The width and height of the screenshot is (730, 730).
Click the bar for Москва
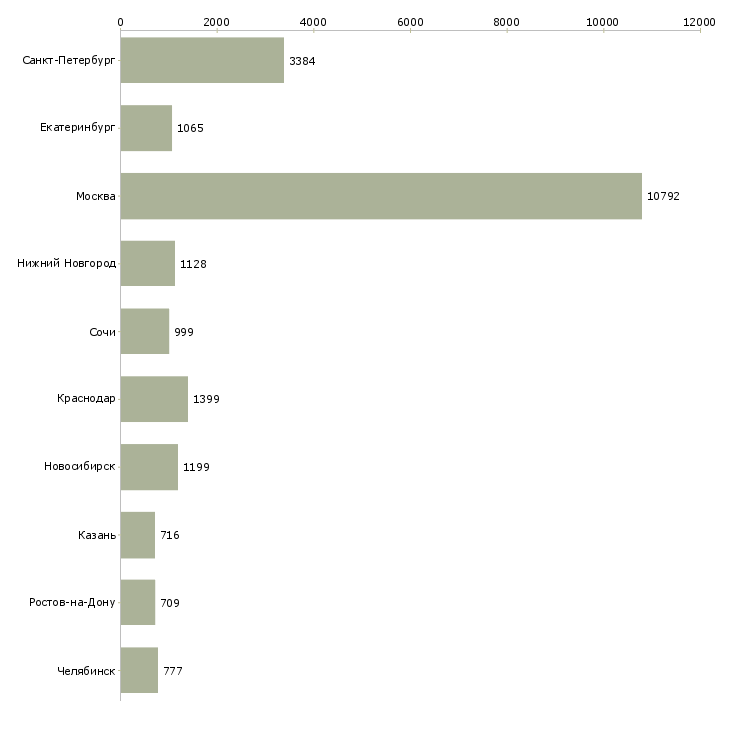tap(381, 196)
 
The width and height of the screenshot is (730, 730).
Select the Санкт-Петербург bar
tap(202, 61)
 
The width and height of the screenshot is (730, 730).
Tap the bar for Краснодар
tap(154, 399)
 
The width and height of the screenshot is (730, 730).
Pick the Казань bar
tap(138, 535)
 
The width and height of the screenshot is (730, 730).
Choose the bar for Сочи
tap(145, 332)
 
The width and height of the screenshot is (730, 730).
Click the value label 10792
tap(663, 196)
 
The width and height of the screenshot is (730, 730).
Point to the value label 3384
tap(302, 61)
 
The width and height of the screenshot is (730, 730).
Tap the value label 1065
tap(190, 129)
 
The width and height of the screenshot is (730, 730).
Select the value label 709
tap(170, 603)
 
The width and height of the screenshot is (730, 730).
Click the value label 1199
tap(196, 467)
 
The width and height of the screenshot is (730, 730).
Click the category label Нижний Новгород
tap(67, 264)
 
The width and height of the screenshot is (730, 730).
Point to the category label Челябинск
tap(86, 671)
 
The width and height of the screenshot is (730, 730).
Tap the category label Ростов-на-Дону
tap(72, 603)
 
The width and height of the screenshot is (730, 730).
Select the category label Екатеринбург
tap(78, 129)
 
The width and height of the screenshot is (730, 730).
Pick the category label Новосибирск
tap(80, 467)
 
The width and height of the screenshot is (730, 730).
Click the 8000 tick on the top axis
tap(507, 21)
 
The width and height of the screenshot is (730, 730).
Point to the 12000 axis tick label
tap(700, 21)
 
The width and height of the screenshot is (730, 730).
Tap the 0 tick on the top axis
tap(121, 21)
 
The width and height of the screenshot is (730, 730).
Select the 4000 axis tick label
tap(314, 21)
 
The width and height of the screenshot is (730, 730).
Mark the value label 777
tap(173, 671)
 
